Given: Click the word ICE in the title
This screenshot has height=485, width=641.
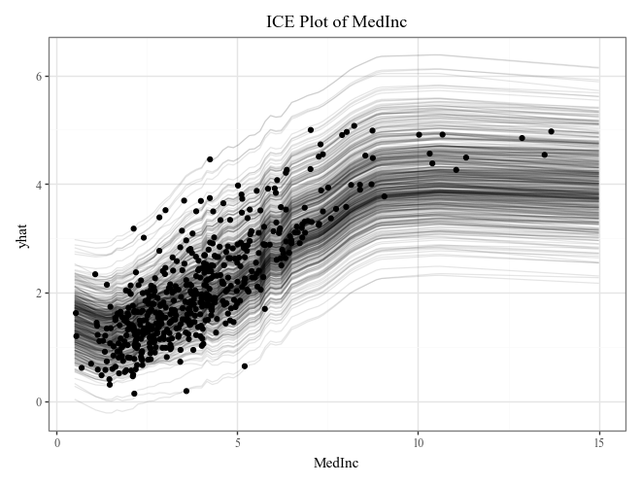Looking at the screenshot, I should (x=282, y=22).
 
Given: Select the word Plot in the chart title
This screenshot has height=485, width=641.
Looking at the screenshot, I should (x=321, y=22).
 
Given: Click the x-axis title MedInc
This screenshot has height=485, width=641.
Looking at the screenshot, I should (x=336, y=464).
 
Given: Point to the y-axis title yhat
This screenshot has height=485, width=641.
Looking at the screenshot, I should (x=22, y=235).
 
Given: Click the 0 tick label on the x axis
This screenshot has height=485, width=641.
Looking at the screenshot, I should (x=57, y=443).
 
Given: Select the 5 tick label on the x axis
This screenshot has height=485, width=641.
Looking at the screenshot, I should (x=238, y=443).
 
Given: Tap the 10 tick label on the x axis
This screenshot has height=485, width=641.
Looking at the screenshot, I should (x=418, y=443).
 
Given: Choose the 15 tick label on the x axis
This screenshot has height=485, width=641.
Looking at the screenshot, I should (x=598, y=443).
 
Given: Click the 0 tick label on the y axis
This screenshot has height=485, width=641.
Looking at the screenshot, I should (x=39, y=401).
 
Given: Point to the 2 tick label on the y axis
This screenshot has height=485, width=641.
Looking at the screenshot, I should (x=39, y=293).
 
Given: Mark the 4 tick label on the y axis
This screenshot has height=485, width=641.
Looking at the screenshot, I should (x=39, y=184).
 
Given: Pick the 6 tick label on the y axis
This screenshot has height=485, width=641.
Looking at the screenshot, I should (x=39, y=76).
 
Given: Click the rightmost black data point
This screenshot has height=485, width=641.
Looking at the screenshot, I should (x=551, y=131).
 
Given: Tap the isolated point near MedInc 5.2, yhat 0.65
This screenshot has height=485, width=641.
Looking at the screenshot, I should (x=245, y=366).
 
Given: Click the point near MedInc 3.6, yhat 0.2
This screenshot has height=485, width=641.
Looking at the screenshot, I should (x=186, y=391).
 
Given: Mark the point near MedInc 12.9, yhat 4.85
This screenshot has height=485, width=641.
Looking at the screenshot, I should (x=522, y=138).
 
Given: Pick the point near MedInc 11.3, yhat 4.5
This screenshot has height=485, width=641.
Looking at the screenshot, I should (x=466, y=157).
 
